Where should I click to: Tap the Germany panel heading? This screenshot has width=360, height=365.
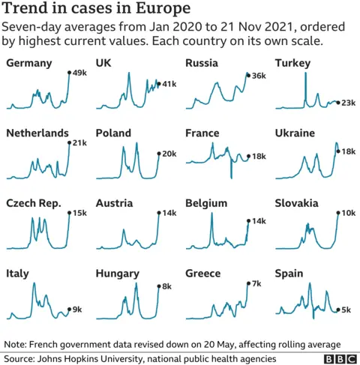click(x=29, y=63)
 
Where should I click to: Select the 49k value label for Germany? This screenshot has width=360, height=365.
click(x=80, y=73)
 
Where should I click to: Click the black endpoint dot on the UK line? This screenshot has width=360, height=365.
click(x=158, y=83)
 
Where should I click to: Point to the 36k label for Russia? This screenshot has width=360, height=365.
click(x=259, y=76)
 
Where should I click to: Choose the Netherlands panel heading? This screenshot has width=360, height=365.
click(x=37, y=133)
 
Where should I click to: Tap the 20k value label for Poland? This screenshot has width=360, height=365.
click(x=169, y=154)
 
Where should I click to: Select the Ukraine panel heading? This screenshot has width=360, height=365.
click(x=296, y=133)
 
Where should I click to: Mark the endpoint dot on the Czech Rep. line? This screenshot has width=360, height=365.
click(x=69, y=213)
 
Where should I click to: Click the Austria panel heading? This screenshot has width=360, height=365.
click(x=114, y=203)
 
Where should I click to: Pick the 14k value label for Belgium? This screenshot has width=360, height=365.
click(x=259, y=222)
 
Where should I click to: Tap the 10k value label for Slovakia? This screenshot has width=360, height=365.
click(x=349, y=214)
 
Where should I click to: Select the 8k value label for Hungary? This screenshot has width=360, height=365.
click(x=167, y=286)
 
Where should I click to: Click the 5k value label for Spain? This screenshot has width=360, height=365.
click(x=347, y=310)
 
